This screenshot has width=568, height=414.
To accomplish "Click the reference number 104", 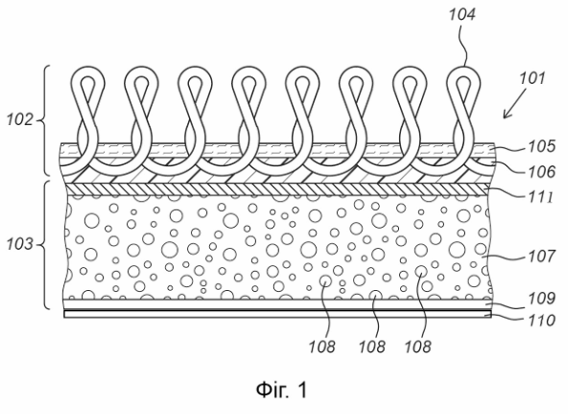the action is (x=462, y=15).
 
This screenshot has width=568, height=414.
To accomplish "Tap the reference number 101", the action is (x=532, y=78).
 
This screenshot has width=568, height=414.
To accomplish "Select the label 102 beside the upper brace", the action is (x=20, y=119).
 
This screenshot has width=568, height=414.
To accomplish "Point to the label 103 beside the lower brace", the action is (x=20, y=244).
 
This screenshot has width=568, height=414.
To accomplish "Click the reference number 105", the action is (x=541, y=147).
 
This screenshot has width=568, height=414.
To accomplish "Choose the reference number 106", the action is (x=541, y=171).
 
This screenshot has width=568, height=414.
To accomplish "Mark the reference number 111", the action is (x=541, y=197).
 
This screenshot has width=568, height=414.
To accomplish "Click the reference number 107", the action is (x=541, y=257).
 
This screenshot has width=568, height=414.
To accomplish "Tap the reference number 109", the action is (x=541, y=299).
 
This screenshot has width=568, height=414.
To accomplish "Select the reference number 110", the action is (x=541, y=321).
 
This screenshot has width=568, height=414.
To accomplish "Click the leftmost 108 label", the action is (x=322, y=346).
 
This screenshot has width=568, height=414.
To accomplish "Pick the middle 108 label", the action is (x=372, y=346).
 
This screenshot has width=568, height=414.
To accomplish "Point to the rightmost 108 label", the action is (x=418, y=346).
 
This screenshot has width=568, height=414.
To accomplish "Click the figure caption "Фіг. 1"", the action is (x=282, y=390).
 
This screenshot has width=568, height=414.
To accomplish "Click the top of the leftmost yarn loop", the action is (x=87, y=67).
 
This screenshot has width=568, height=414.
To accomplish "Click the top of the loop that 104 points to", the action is (x=464, y=67).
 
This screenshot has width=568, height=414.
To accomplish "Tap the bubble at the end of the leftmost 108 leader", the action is (x=326, y=280).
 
